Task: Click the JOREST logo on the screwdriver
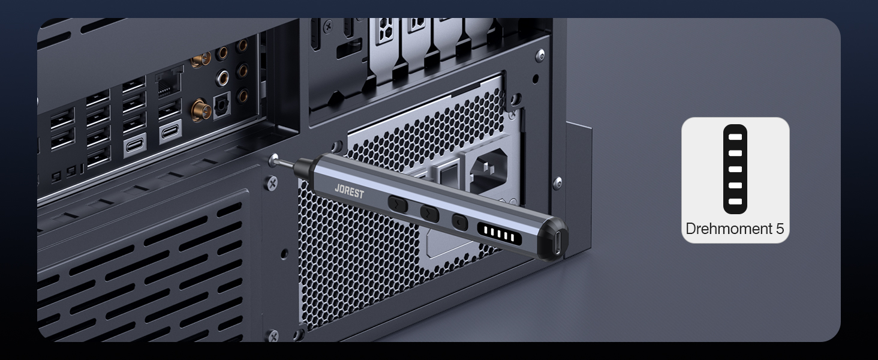349,192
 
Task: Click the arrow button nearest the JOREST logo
398,205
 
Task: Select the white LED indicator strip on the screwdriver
499,234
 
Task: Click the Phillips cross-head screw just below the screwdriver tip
272,183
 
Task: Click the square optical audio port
222,105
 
